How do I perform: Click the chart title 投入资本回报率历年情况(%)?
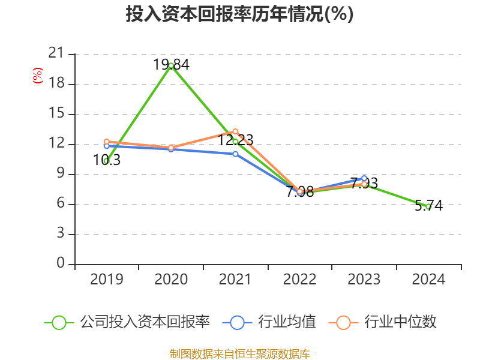pos(239,14)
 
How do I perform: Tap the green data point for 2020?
pos(171,65)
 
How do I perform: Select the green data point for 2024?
pos(428,206)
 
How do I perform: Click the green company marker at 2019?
pos(106,161)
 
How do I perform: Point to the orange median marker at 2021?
pos(235,131)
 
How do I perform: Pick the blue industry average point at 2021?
pos(235,154)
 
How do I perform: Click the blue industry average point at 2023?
pos(364,178)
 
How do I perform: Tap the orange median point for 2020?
pos(171,148)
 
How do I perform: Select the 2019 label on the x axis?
pos(106,280)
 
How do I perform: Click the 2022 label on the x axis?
pos(299,280)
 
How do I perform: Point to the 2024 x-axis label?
pos(428,280)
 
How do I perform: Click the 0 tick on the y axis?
pos(61,264)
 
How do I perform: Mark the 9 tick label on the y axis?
pos(61,174)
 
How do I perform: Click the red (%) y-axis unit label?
pos(38,76)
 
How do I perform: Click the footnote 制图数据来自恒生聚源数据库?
pos(239,353)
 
